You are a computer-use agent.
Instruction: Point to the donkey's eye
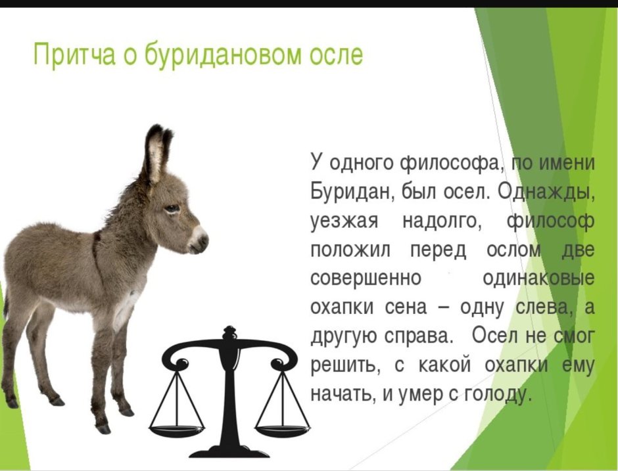(172, 209)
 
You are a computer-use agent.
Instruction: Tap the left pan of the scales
(176, 430)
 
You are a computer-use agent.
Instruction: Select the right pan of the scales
(282, 430)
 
